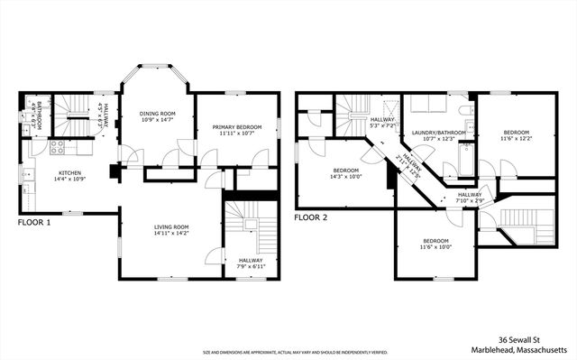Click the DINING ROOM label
pyautogui.click(x=156, y=113)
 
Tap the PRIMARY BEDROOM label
pyautogui.click(x=237, y=127)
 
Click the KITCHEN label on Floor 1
pyautogui.click(x=70, y=172)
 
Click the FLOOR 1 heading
pyautogui.click(x=34, y=222)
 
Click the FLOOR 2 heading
pyautogui.click(x=311, y=217)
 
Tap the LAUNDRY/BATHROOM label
pyautogui.click(x=439, y=133)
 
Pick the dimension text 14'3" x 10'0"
pyautogui.click(x=346, y=177)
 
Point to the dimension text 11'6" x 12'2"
pyautogui.click(x=517, y=138)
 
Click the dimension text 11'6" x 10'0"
pyautogui.click(x=436, y=248)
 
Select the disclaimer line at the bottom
pyautogui.click(x=288, y=353)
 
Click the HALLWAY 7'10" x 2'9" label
pyautogui.click(x=468, y=197)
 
